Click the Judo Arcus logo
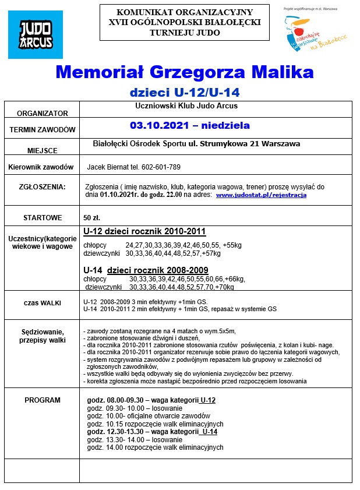36,35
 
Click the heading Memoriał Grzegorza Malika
184,72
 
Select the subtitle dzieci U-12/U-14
184,92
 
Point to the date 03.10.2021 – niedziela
190,125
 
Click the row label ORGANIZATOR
42,114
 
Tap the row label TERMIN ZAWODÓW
42,129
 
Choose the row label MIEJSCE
42,150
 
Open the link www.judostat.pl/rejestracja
261,195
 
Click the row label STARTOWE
42,217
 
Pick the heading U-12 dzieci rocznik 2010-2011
144,231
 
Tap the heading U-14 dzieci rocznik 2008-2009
146,270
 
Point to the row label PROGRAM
42,400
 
